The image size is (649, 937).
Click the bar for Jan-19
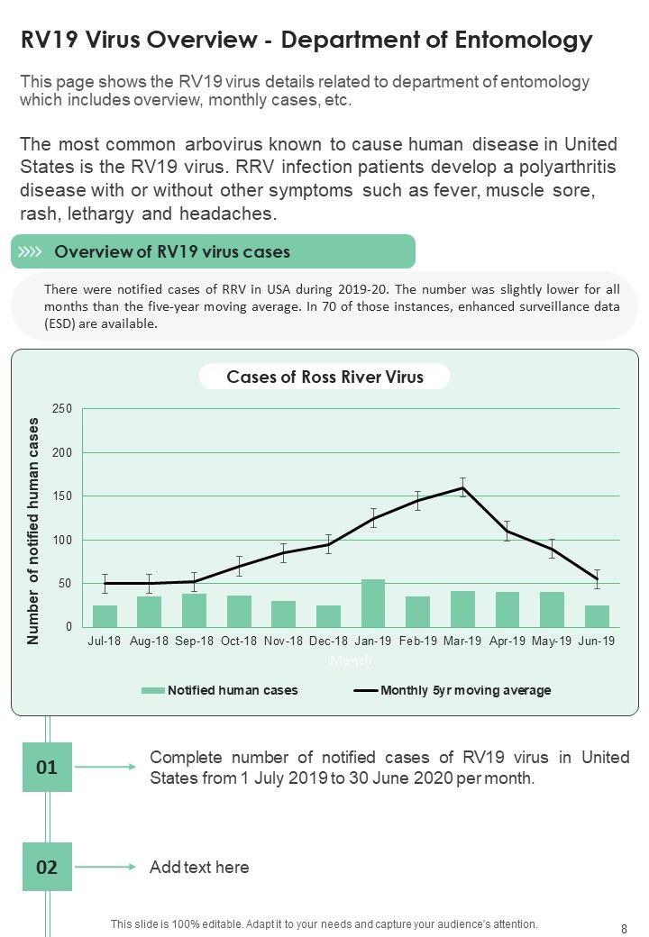372,604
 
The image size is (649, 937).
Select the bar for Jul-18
105,616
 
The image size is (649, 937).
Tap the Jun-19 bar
597,616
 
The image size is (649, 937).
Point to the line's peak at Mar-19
462,488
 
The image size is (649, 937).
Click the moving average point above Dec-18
328,544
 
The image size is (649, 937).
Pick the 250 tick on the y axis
62,409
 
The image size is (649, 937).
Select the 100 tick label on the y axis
62,541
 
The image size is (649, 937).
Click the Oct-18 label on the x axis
239,641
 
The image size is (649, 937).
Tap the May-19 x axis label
552,641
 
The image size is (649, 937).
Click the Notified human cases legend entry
220,691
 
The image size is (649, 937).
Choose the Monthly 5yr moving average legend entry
452,691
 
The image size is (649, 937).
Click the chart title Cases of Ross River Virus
324,377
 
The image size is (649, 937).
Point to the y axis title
34,531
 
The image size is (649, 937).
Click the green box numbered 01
47,768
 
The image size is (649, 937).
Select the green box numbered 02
47,868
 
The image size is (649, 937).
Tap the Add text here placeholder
199,868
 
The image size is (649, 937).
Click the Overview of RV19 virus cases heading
172,252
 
